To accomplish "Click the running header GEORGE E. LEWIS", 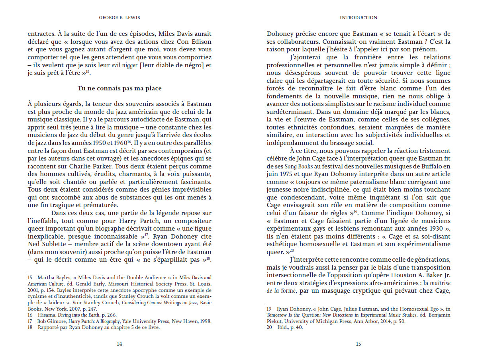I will [119, 18].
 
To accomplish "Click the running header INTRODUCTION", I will [358, 18].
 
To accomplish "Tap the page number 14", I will [119, 344].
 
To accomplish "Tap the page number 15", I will [358, 344].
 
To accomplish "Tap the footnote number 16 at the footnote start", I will [30, 314].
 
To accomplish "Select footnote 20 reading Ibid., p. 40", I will [285, 327].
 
